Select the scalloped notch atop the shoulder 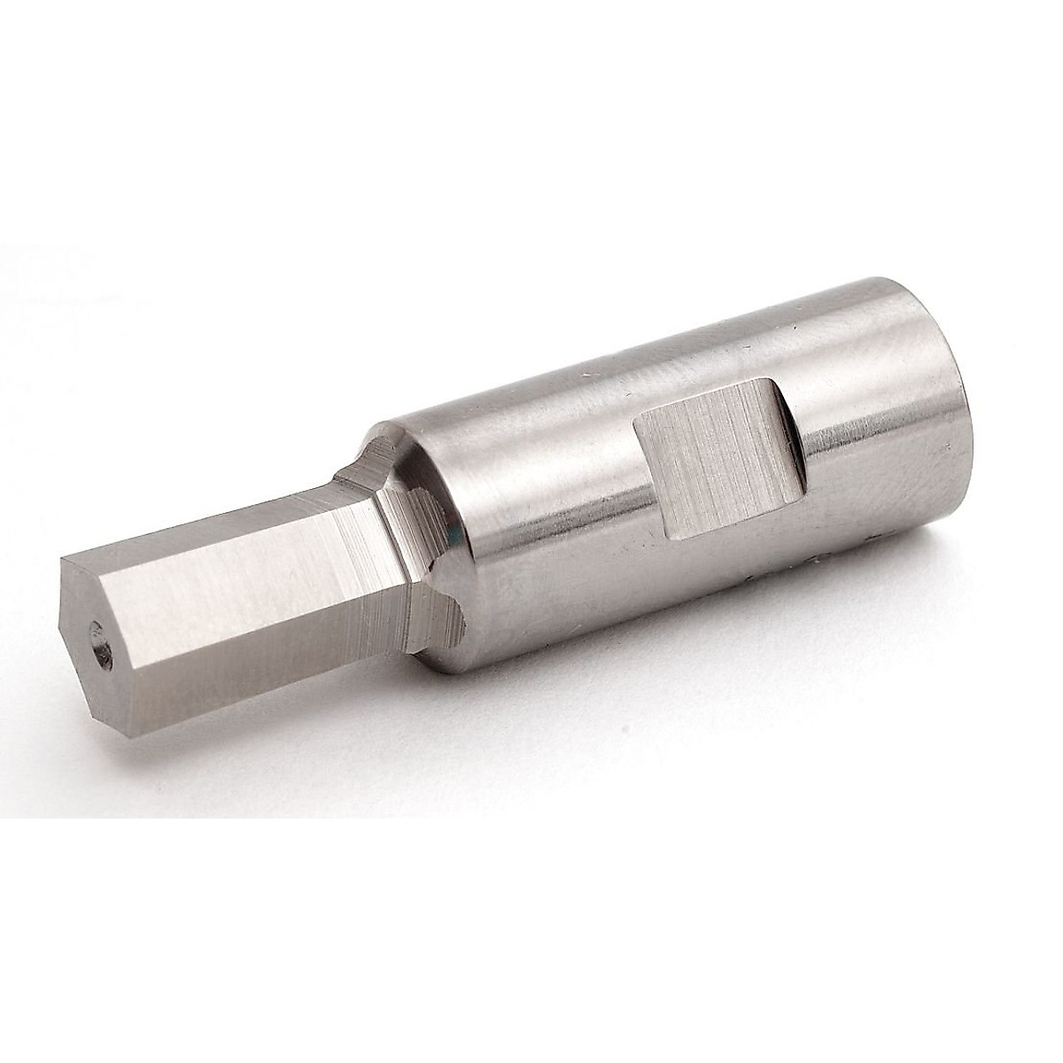376,452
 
